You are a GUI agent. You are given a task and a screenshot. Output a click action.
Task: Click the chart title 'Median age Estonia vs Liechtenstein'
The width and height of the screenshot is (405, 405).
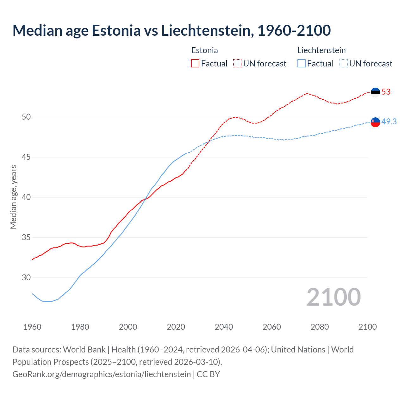click(171, 30)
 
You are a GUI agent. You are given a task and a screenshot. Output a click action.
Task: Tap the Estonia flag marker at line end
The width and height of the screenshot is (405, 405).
click(375, 92)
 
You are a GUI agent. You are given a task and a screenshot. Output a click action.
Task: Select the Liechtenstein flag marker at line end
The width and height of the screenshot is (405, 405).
click(375, 122)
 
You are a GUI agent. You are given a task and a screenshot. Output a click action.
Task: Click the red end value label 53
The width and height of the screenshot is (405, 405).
click(386, 92)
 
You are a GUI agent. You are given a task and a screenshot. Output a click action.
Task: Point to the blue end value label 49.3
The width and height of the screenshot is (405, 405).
click(389, 121)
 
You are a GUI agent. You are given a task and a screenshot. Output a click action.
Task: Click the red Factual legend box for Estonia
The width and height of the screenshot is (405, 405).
click(195, 64)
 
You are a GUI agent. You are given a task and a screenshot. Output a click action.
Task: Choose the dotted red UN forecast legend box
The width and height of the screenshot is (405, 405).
click(237, 64)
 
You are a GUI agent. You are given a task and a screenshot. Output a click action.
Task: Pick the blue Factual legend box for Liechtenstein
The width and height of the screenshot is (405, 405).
click(302, 64)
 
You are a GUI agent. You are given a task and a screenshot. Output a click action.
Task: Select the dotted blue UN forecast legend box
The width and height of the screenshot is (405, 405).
click(343, 64)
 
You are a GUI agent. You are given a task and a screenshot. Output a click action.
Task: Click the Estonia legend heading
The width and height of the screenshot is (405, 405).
click(204, 50)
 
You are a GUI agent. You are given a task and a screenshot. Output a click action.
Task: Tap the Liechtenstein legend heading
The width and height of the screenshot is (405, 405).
click(321, 50)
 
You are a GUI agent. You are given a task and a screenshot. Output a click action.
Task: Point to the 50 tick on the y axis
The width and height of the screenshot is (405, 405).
click(26, 117)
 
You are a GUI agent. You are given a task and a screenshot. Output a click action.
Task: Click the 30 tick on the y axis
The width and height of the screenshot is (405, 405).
click(26, 278)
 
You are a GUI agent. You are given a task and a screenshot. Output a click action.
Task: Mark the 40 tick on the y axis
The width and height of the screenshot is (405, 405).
click(26, 197)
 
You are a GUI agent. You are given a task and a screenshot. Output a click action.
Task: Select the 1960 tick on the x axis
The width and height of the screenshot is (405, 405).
click(32, 327)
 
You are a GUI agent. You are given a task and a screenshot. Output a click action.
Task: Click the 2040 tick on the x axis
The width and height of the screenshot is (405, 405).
click(224, 327)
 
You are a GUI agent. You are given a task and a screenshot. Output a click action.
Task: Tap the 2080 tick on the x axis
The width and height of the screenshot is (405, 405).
click(320, 327)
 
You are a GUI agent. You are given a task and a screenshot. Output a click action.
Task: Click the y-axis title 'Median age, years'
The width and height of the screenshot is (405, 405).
click(13, 197)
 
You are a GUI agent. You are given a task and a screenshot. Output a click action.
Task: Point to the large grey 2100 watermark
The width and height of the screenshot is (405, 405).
click(333, 297)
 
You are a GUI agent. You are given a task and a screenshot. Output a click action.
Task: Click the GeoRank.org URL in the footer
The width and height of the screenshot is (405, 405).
click(102, 374)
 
